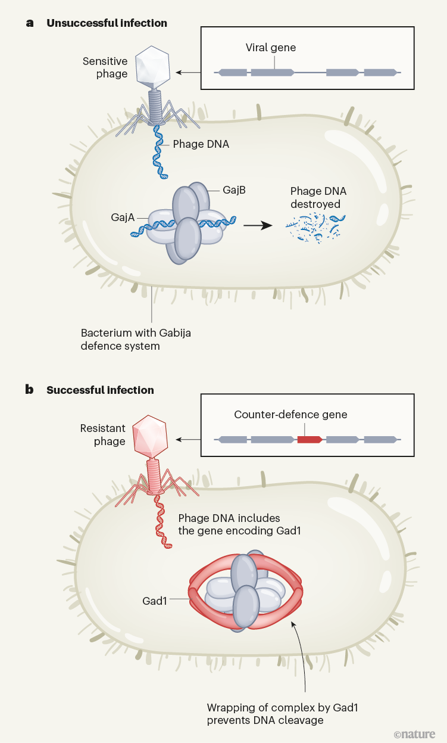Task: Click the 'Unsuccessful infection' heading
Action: [x=107, y=23]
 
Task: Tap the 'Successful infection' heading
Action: [x=100, y=390]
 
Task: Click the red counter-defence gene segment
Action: [x=310, y=440]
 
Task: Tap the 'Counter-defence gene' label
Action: [x=290, y=414]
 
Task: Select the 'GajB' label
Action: [x=234, y=190]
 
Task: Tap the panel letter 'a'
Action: [x=29, y=23]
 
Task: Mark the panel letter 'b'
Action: [x=29, y=390]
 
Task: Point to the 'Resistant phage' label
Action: [x=103, y=435]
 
